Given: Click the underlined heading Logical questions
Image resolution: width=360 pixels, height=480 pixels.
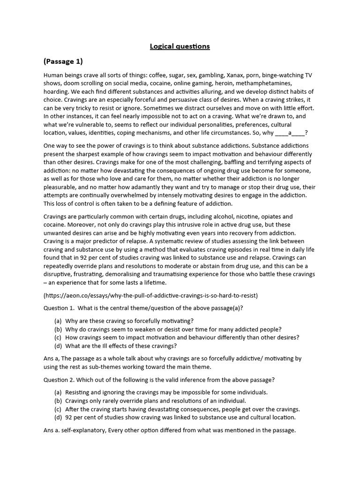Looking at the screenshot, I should pos(180,46).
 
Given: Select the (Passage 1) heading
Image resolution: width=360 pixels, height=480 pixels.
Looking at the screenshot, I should pos(63,61).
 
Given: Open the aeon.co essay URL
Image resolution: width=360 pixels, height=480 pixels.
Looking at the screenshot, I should pos(150,295).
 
